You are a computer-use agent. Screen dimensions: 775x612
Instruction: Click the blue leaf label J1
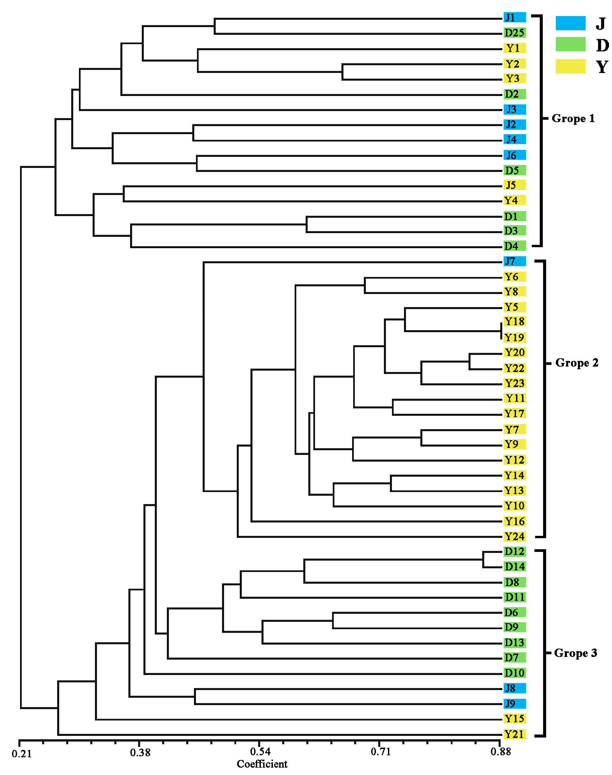514,17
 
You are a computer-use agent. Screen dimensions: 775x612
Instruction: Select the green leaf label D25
514,33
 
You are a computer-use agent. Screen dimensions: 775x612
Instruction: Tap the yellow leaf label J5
514,185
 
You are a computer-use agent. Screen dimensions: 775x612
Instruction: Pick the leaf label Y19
514,337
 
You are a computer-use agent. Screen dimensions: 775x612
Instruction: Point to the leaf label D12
514,552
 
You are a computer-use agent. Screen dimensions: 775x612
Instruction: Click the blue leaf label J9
514,704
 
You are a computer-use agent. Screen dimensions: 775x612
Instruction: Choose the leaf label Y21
514,734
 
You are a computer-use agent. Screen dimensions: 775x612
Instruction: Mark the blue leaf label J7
514,262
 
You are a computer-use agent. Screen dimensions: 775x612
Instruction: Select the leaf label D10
514,673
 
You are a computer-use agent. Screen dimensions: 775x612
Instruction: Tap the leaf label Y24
514,537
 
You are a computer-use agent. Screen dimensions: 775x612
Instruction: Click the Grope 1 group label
573,119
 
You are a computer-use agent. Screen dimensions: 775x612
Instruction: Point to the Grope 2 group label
577,363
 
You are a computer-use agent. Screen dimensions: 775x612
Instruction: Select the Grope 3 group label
576,653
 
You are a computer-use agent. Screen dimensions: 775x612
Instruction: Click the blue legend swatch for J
570,23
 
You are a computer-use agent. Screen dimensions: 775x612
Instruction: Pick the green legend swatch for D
570,45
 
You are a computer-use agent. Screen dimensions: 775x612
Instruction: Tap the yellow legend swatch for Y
570,67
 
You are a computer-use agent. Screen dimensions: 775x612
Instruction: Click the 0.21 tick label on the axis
21,754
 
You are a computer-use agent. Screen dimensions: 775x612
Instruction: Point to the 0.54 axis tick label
260,752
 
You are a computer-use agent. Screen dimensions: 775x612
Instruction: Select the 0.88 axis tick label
501,752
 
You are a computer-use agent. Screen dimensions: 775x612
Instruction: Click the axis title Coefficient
262,764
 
